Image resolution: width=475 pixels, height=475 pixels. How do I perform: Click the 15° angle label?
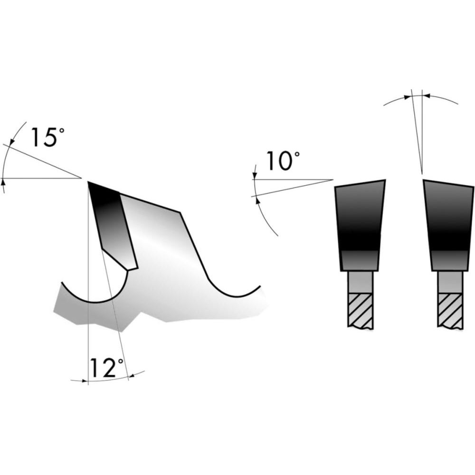tap(48, 137)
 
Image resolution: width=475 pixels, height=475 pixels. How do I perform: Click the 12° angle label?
tap(106, 368)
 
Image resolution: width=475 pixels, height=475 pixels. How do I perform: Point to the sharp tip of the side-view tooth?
tap(88, 182)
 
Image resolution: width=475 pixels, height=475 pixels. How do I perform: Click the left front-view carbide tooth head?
tap(360, 225)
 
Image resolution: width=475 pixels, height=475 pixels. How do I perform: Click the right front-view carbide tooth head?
tap(449, 225)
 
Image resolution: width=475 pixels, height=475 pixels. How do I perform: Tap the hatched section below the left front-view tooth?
tap(360, 311)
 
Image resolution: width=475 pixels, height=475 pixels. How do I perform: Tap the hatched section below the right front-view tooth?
tap(450, 311)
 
